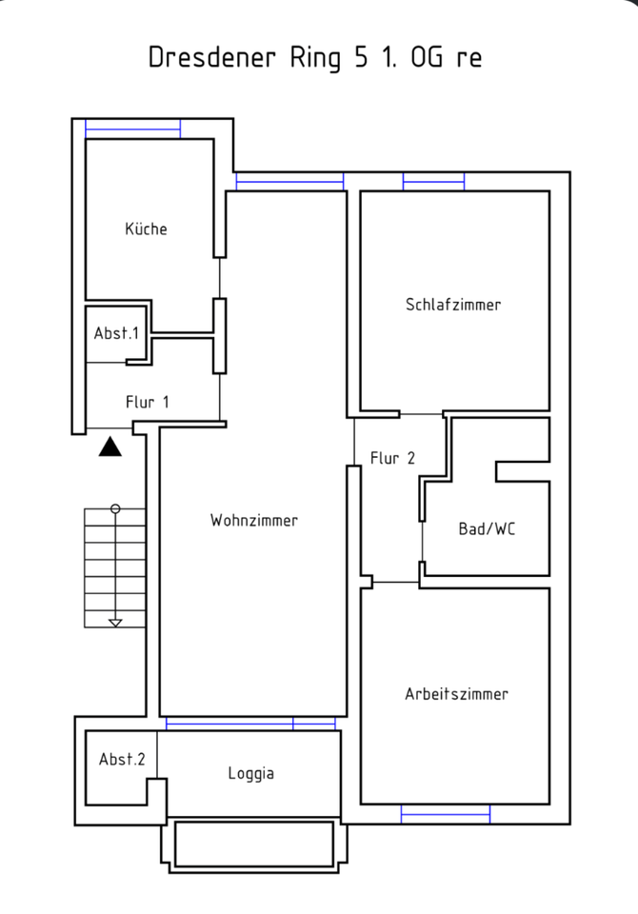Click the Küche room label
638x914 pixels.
pyautogui.click(x=146, y=228)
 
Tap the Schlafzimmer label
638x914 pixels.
pyautogui.click(x=453, y=305)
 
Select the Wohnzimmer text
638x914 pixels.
pyautogui.click(x=254, y=520)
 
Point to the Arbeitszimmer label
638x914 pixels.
pyautogui.click(x=457, y=693)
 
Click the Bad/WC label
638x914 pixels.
pyautogui.click(x=487, y=529)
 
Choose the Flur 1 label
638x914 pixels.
pyautogui.click(x=148, y=402)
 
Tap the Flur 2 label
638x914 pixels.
pyautogui.click(x=392, y=458)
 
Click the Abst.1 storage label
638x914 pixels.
pyautogui.click(x=116, y=333)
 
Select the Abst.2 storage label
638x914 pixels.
pyautogui.click(x=122, y=759)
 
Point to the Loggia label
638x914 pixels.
pyautogui.click(x=251, y=773)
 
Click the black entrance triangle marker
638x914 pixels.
pyautogui.click(x=110, y=446)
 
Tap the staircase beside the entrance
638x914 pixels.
pyautogui.click(x=115, y=567)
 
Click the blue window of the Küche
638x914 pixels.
pyautogui.click(x=133, y=128)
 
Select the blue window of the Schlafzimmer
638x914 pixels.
pyautogui.click(x=433, y=181)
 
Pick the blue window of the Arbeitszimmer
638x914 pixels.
pyautogui.click(x=445, y=813)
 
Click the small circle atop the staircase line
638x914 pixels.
pyautogui.click(x=115, y=509)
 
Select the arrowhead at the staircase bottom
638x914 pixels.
pyautogui.click(x=115, y=623)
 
